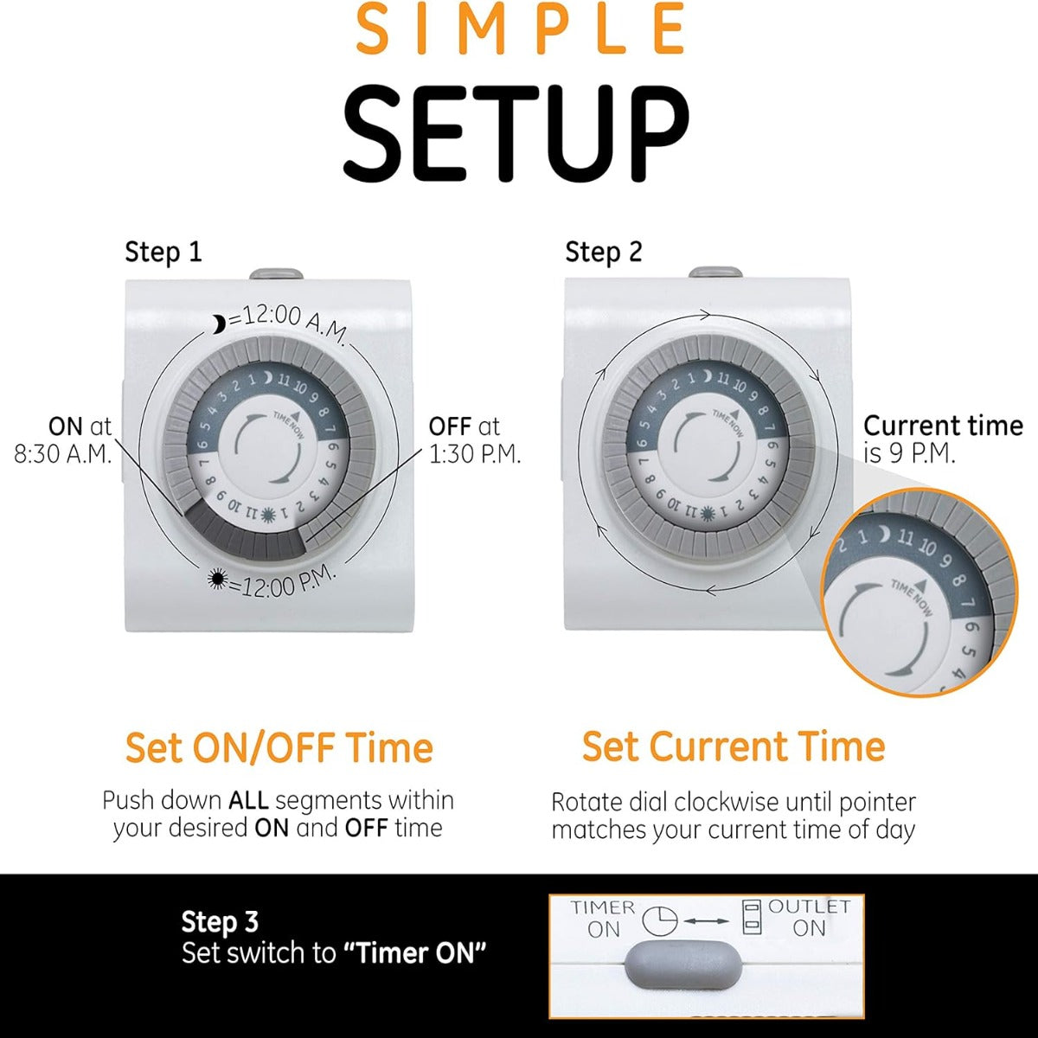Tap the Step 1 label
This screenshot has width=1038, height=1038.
pyautogui.click(x=163, y=253)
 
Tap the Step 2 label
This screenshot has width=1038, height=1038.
pyautogui.click(x=604, y=252)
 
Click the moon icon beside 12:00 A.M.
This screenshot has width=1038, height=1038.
pyautogui.click(x=218, y=324)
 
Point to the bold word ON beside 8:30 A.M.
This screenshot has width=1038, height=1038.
pyautogui.click(x=66, y=426)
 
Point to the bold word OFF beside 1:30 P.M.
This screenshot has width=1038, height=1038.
pyautogui.click(x=450, y=426)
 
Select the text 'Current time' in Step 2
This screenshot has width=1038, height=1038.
pyautogui.click(x=943, y=426)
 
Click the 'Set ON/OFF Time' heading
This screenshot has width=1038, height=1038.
pyautogui.click(x=279, y=747)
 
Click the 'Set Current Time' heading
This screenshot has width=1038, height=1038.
pyautogui.click(x=734, y=747)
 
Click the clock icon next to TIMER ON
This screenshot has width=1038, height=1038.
pyautogui.click(x=659, y=920)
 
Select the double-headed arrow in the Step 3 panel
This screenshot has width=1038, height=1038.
pyautogui.click(x=706, y=921)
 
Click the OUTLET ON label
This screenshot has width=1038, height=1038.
pyautogui.click(x=809, y=917)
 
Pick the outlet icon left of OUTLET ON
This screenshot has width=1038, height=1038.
pyautogui.click(x=751, y=916)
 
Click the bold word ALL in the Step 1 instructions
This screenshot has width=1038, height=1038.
pyautogui.click(x=248, y=800)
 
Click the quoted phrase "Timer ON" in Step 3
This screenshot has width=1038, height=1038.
pyautogui.click(x=414, y=953)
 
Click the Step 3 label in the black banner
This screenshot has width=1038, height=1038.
pyautogui.click(x=220, y=921)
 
